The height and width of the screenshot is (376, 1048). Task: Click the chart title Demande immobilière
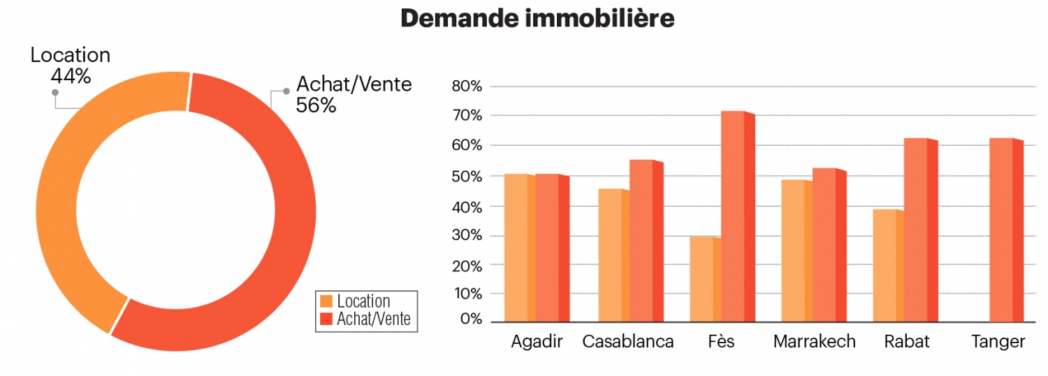pos(537,19)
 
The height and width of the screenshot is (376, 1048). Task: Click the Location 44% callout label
pos(70,65)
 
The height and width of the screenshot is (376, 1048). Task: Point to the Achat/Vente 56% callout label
pos(354,94)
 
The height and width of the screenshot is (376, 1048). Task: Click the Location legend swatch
pos(326,301)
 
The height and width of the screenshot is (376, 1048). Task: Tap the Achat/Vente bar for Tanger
pos(996,230)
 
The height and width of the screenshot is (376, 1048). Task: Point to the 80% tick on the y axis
pos(467,87)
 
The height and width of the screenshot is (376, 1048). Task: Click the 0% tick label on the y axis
pos(471,319)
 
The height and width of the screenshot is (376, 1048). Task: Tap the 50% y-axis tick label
pos(467,176)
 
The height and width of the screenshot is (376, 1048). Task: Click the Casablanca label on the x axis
pos(627,342)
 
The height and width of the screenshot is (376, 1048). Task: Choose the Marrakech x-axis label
pos(814,342)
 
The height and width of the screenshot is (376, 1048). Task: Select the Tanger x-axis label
pos(998,342)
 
